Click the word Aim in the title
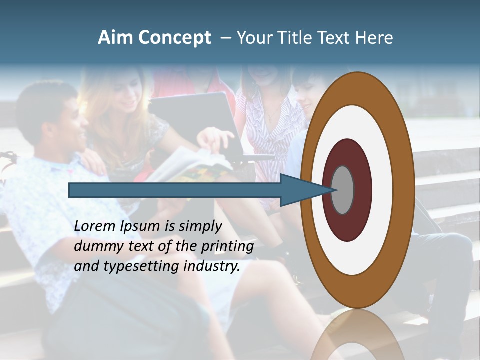pos(116,38)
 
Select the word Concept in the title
pos(174,38)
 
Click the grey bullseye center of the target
pos(343,190)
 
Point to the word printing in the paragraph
pos(228,246)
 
